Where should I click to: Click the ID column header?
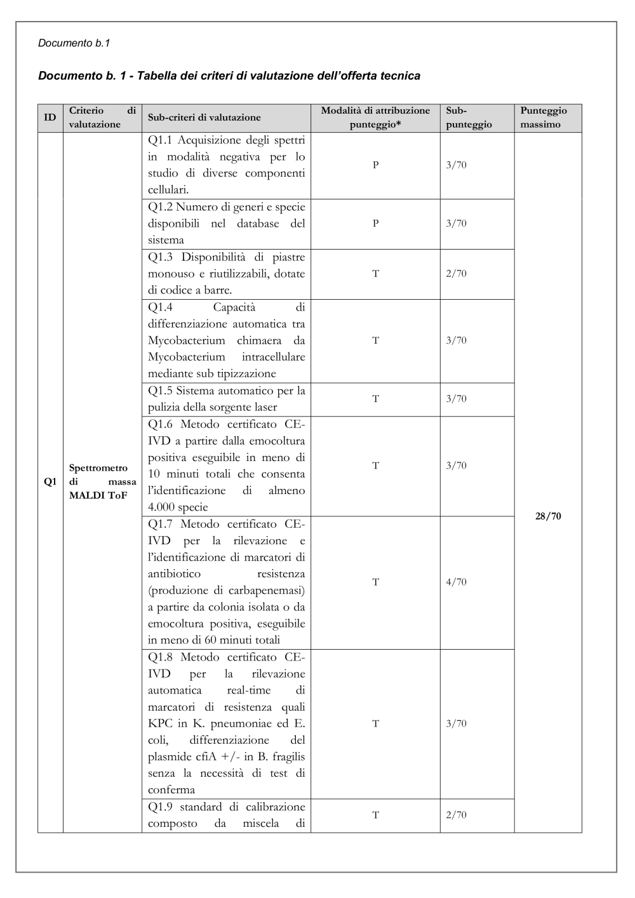[x=50, y=117]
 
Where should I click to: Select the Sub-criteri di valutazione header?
[x=204, y=117]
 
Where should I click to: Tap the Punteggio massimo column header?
[x=544, y=117]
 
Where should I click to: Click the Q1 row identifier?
[x=50, y=482]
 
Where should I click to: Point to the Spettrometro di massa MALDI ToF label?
[x=102, y=482]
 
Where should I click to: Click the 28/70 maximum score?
[x=548, y=516]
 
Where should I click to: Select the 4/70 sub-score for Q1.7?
[x=456, y=582]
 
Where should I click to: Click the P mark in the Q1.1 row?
[x=375, y=165]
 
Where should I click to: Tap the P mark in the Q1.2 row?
[x=375, y=224]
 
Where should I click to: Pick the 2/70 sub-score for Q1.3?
[x=456, y=274]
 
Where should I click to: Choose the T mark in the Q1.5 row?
[x=375, y=399]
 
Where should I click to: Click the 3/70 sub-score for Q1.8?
[x=456, y=723]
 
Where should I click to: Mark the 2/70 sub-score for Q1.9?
[x=456, y=815]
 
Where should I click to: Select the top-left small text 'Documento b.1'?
[x=74, y=43]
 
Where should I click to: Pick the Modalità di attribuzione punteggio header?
[x=375, y=117]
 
